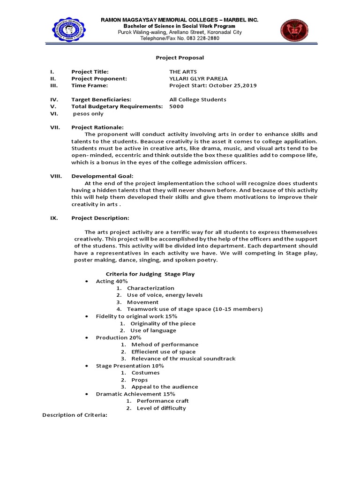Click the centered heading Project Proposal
pos(180,57)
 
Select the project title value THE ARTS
pos(183,72)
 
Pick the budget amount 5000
pos(177,106)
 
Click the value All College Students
pos(197,99)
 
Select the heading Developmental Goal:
pos(102,176)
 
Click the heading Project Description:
pos(100,218)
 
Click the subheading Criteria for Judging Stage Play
pos(150,274)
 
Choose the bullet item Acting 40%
pos(112,281)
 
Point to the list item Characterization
pos(150,288)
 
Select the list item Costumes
pos(145,373)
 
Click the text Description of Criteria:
pos(75,415)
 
